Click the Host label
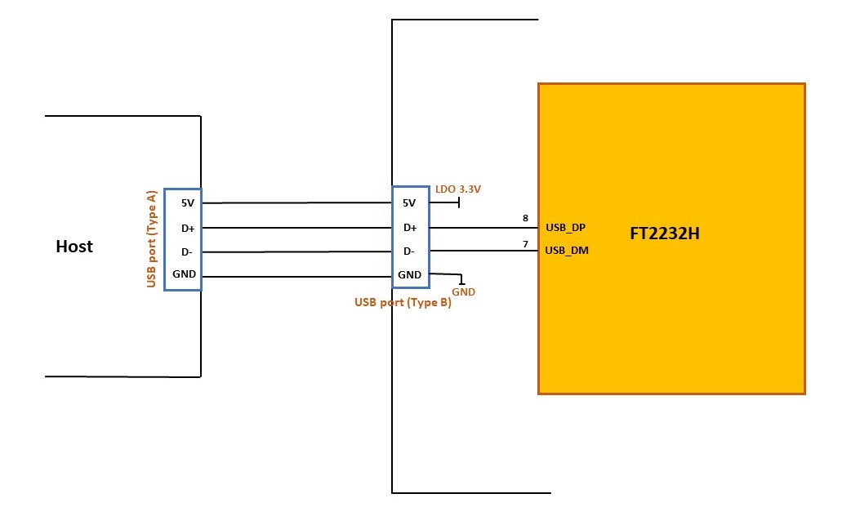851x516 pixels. (x=74, y=247)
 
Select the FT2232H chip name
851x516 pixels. (x=664, y=234)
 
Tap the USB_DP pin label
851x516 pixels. (x=565, y=228)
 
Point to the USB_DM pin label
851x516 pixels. (x=567, y=251)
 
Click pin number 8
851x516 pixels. (x=525, y=218)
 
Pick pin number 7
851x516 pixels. (x=525, y=244)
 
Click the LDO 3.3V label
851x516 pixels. (x=458, y=189)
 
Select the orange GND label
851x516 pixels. (x=464, y=292)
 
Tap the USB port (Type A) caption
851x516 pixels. (x=151, y=238)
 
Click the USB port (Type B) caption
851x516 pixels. (x=403, y=302)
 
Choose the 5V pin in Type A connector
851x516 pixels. (x=188, y=203)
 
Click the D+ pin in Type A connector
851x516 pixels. (x=188, y=229)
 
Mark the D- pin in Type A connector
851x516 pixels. (x=187, y=252)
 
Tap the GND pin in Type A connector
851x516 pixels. (x=184, y=274)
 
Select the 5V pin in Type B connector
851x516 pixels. (x=409, y=203)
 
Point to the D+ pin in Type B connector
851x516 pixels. (x=410, y=228)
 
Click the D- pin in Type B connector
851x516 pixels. (x=409, y=251)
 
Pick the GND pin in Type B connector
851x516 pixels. (x=409, y=274)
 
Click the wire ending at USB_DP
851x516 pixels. (x=483, y=228)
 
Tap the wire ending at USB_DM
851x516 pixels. (x=483, y=251)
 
